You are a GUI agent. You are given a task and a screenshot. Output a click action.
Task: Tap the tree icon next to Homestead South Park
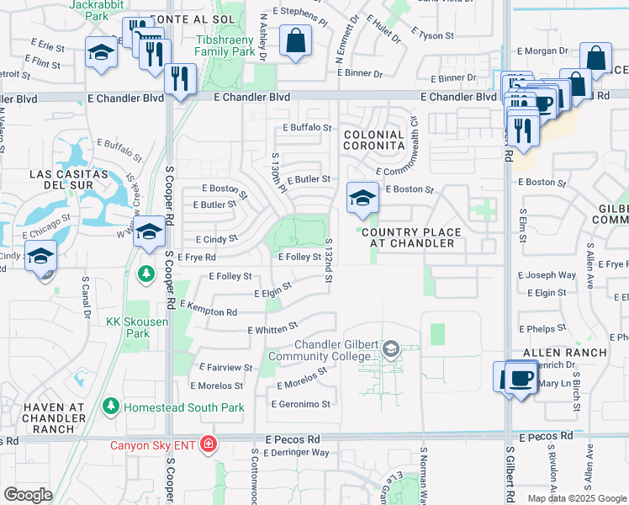point(110,407)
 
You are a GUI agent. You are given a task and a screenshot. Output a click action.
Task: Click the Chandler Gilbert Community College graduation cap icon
point(390,348)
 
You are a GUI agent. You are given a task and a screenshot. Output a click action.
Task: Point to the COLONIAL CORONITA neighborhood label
point(373,140)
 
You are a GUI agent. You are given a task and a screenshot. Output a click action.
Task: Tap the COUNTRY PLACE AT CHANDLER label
point(412,238)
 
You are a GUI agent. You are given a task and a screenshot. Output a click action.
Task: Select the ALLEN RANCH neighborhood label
point(553,352)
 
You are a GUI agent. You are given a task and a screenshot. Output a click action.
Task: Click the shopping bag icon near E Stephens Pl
point(295,40)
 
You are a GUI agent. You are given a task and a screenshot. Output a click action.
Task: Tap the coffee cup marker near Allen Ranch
point(521,377)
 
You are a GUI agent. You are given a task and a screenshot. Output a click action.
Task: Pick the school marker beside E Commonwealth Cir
point(362,199)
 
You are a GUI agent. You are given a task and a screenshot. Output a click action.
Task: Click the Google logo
point(28,494)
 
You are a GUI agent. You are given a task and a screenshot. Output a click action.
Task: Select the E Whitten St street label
point(272,328)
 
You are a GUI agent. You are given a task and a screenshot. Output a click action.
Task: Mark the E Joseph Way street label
point(547,275)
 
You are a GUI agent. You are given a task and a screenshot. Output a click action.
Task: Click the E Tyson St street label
point(433,35)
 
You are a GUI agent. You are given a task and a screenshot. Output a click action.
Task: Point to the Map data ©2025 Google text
point(576,498)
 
